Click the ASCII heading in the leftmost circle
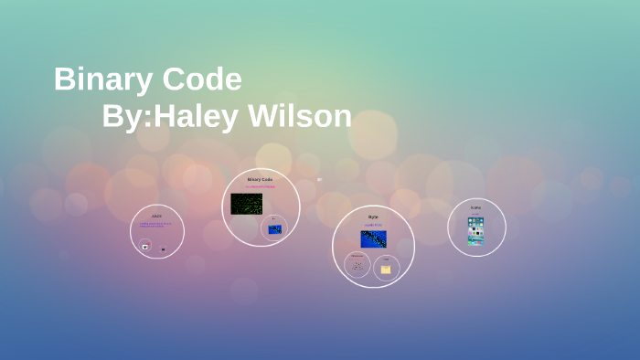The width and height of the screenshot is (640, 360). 157,217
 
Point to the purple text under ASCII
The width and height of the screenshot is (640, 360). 156,225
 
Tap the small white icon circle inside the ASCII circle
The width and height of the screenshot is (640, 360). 145,246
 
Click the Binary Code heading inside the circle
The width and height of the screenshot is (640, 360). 261,179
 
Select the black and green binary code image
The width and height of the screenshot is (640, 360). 246,204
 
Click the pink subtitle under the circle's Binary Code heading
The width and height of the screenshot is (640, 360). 261,186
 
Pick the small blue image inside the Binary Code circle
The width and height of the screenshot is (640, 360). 274,228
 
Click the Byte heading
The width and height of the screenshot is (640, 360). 373,217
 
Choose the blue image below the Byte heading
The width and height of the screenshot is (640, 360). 373,239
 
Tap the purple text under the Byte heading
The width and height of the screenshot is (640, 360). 373,225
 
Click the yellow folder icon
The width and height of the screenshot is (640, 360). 386,270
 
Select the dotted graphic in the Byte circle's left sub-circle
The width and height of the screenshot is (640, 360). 357,267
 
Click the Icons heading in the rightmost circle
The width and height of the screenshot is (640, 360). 476,207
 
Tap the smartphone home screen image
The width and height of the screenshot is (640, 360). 476,230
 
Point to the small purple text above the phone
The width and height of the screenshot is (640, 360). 476,214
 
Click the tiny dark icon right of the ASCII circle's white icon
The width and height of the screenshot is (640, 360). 164,249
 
